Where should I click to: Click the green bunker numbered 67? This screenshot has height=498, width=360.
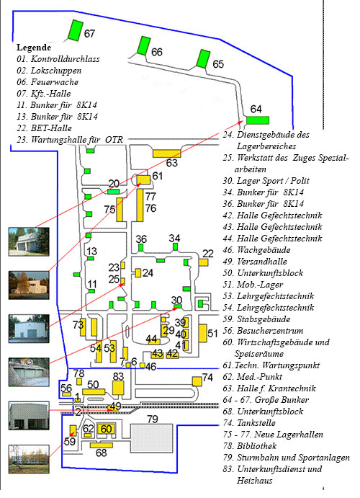76,30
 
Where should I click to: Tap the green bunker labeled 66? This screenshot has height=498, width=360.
144,46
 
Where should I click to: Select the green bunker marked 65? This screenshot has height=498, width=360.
203,59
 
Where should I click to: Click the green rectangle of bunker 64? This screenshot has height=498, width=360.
258,120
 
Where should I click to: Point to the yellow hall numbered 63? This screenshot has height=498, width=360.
167,154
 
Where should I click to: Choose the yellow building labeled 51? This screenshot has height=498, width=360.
202,333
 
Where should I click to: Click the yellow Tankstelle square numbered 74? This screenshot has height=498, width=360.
197,381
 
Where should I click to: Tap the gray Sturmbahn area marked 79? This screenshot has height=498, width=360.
152,438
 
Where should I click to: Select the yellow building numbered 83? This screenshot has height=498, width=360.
118,388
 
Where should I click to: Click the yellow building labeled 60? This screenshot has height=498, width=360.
106,430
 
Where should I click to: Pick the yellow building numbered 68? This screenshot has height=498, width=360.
102,445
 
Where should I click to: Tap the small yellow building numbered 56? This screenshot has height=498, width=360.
67,394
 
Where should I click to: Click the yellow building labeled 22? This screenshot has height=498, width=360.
203,262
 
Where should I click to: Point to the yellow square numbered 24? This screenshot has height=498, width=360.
138,273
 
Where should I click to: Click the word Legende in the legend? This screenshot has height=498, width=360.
34,48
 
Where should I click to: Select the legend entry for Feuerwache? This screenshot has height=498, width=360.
48,82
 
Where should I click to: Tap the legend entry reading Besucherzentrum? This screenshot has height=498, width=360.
263,331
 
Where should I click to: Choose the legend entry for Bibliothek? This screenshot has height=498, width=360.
250,446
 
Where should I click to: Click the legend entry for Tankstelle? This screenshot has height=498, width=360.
249,423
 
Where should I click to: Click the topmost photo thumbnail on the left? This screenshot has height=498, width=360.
29,241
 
